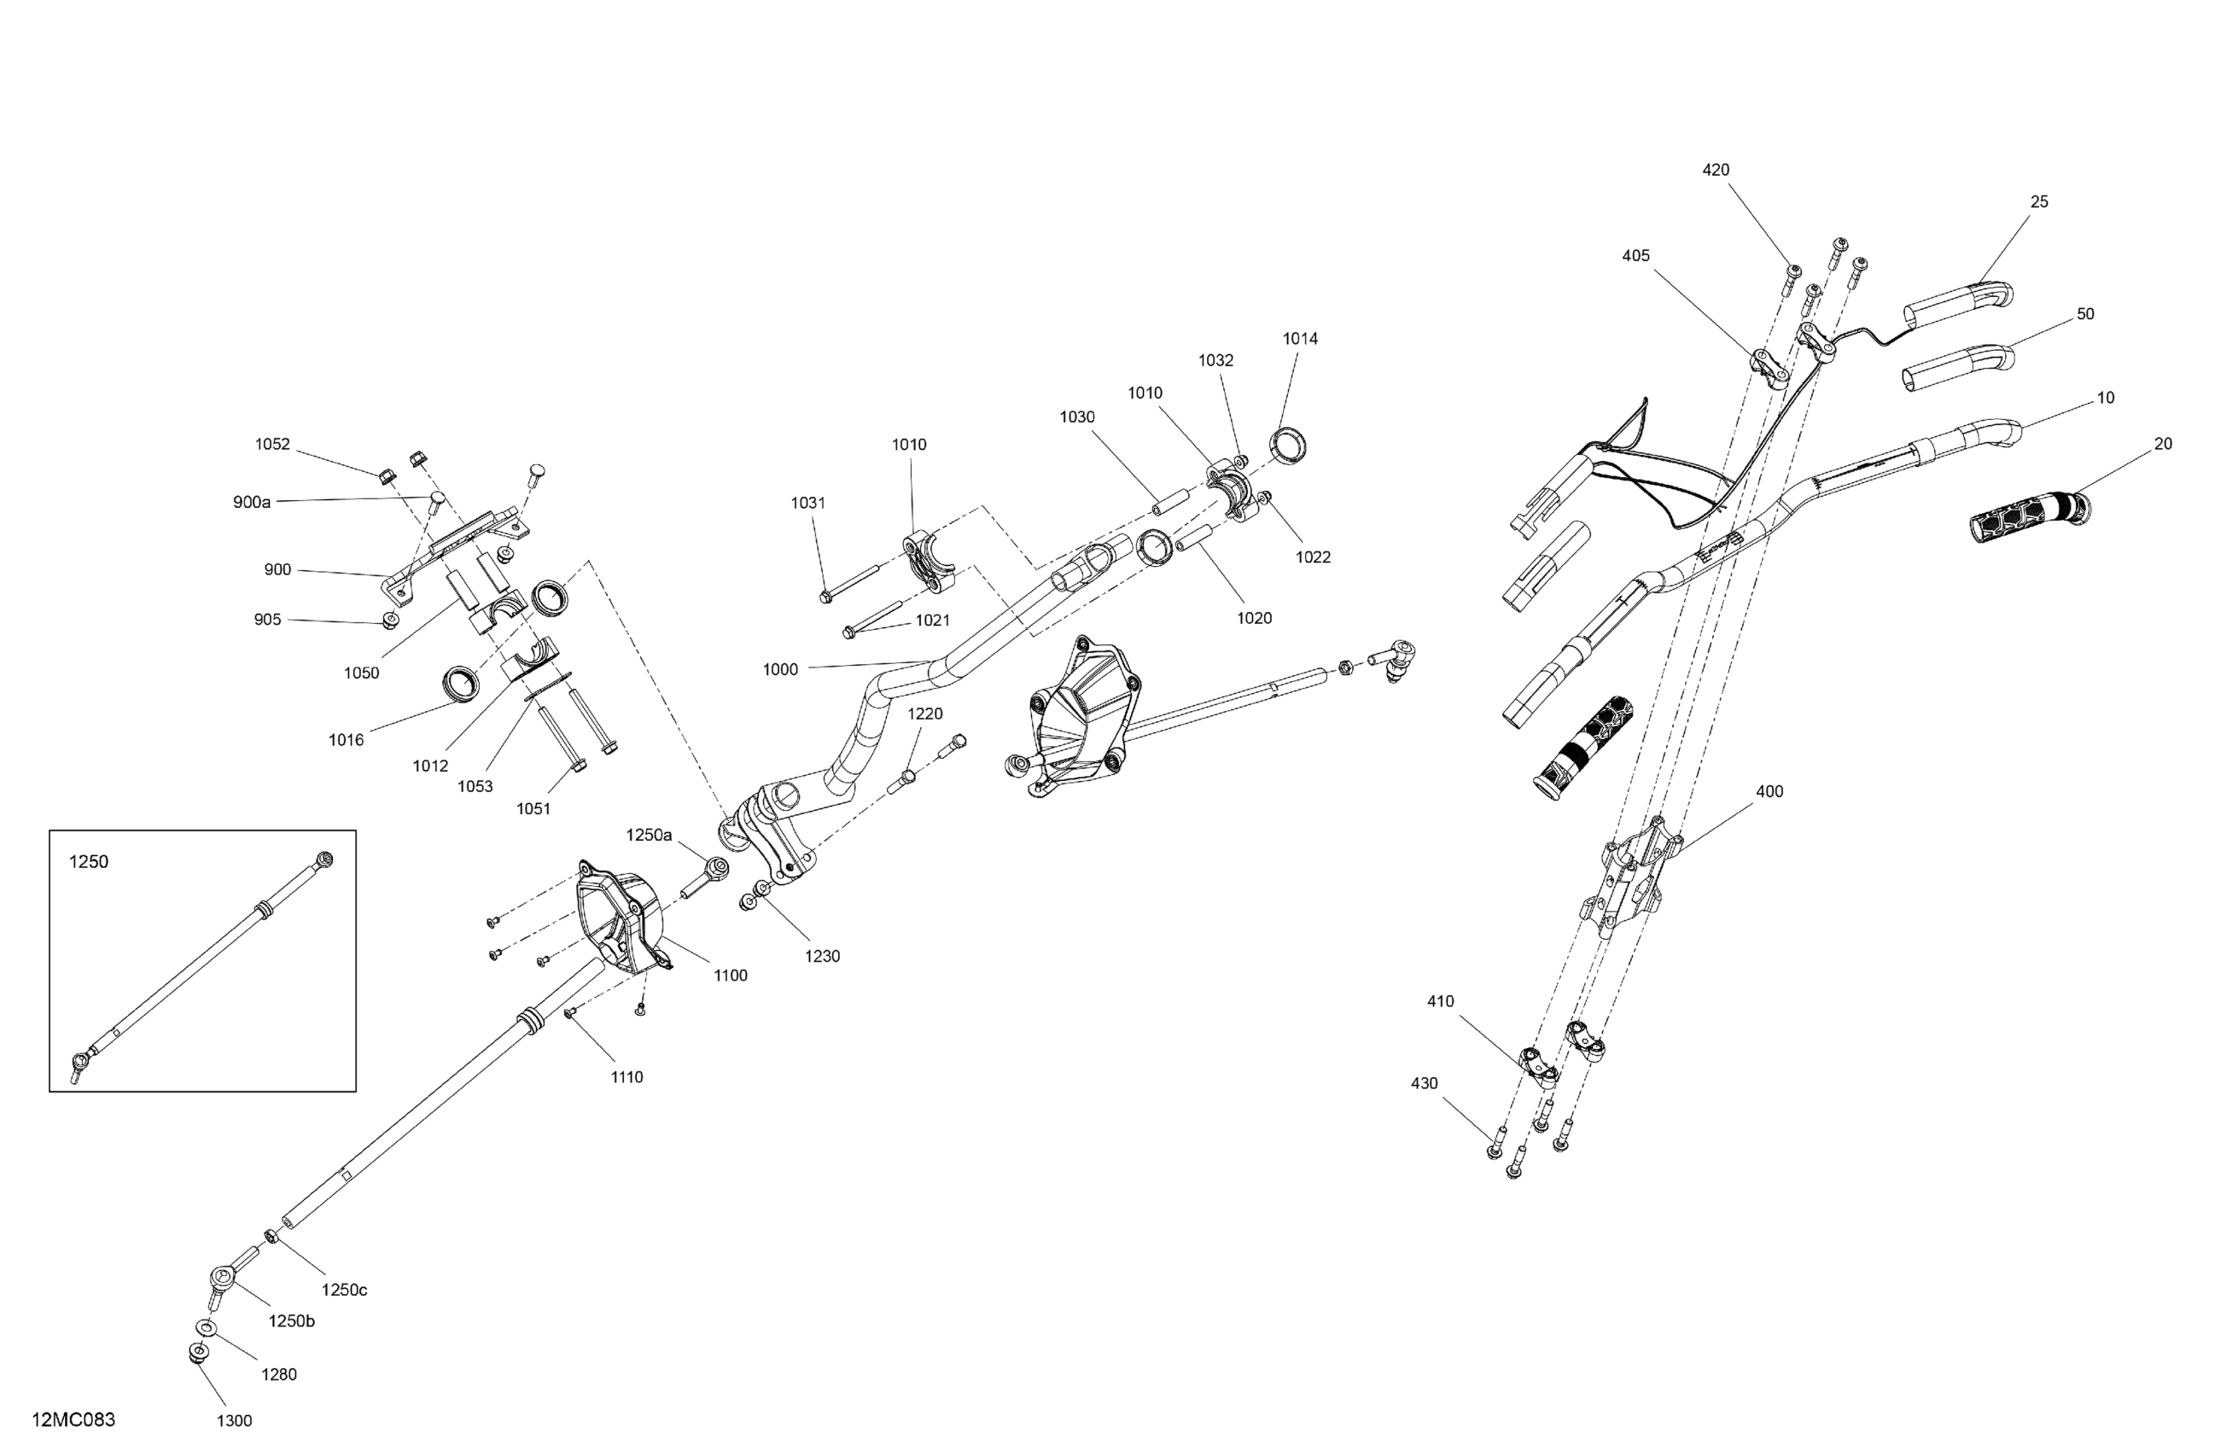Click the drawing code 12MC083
tap(73, 1419)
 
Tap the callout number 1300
tap(234, 1420)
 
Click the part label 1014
tap(1301, 339)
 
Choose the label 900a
tap(252, 502)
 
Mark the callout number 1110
tap(627, 1077)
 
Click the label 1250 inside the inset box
tap(90, 861)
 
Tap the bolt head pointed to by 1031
tap(826, 595)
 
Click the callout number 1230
tap(822, 956)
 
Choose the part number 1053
tap(475, 786)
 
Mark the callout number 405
tap(1635, 256)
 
